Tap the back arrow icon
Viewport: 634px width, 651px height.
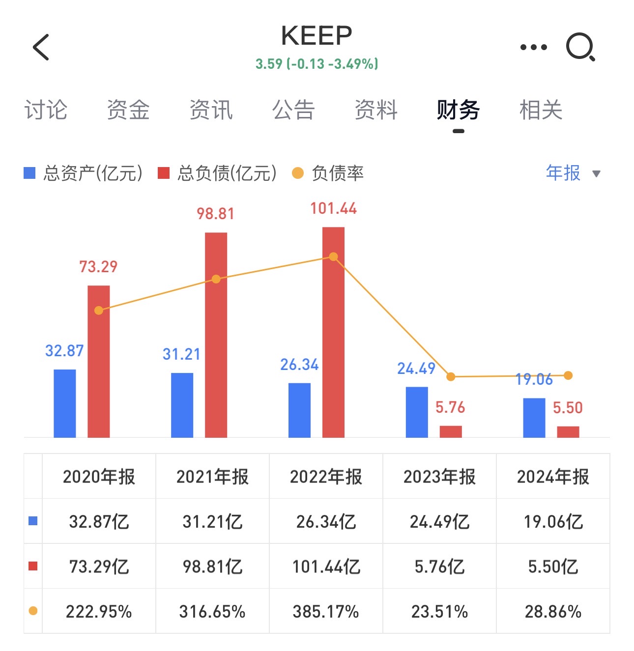tap(41, 47)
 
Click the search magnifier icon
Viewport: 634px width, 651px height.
tap(580, 47)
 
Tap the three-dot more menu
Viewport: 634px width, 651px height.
tap(533, 47)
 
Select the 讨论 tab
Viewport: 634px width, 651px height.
tap(46, 110)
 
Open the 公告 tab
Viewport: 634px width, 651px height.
tap(293, 110)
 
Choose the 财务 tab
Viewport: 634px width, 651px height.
tap(458, 110)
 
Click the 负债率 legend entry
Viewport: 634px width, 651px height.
tap(328, 173)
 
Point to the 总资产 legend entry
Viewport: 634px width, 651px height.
tap(84, 173)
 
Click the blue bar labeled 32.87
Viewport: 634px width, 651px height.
tap(64, 403)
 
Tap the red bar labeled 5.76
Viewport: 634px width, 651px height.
tap(451, 431)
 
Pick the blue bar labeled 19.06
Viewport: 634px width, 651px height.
tap(534, 418)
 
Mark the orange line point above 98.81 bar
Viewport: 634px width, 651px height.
tap(216, 279)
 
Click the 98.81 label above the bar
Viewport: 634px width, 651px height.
tap(215, 214)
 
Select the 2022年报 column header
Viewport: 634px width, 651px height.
tap(326, 477)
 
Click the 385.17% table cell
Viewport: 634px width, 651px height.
tap(326, 612)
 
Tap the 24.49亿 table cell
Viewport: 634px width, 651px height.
tap(439, 521)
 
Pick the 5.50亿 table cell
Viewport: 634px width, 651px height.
tap(553, 566)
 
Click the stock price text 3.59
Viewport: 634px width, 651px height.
tap(269, 64)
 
